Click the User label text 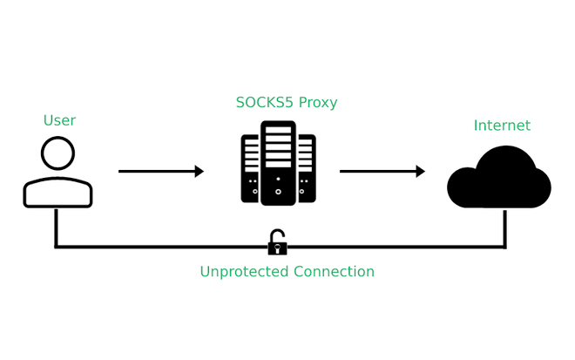pyautogui.click(x=59, y=120)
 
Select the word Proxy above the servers pyautogui.click(x=318, y=103)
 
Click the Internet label pyautogui.click(x=502, y=126)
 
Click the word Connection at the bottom pyautogui.click(x=335, y=272)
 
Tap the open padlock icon pyautogui.click(x=277, y=244)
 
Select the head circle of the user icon pyautogui.click(x=57, y=154)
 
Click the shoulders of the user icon pyautogui.click(x=57, y=193)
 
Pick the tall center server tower pyautogui.click(x=278, y=163)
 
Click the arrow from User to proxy pyautogui.click(x=157, y=172)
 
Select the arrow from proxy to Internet pyautogui.click(x=378, y=172)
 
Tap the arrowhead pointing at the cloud pyautogui.click(x=421, y=172)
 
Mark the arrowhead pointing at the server pyautogui.click(x=200, y=172)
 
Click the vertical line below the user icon pyautogui.click(x=56, y=228)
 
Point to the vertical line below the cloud pyautogui.click(x=505, y=228)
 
